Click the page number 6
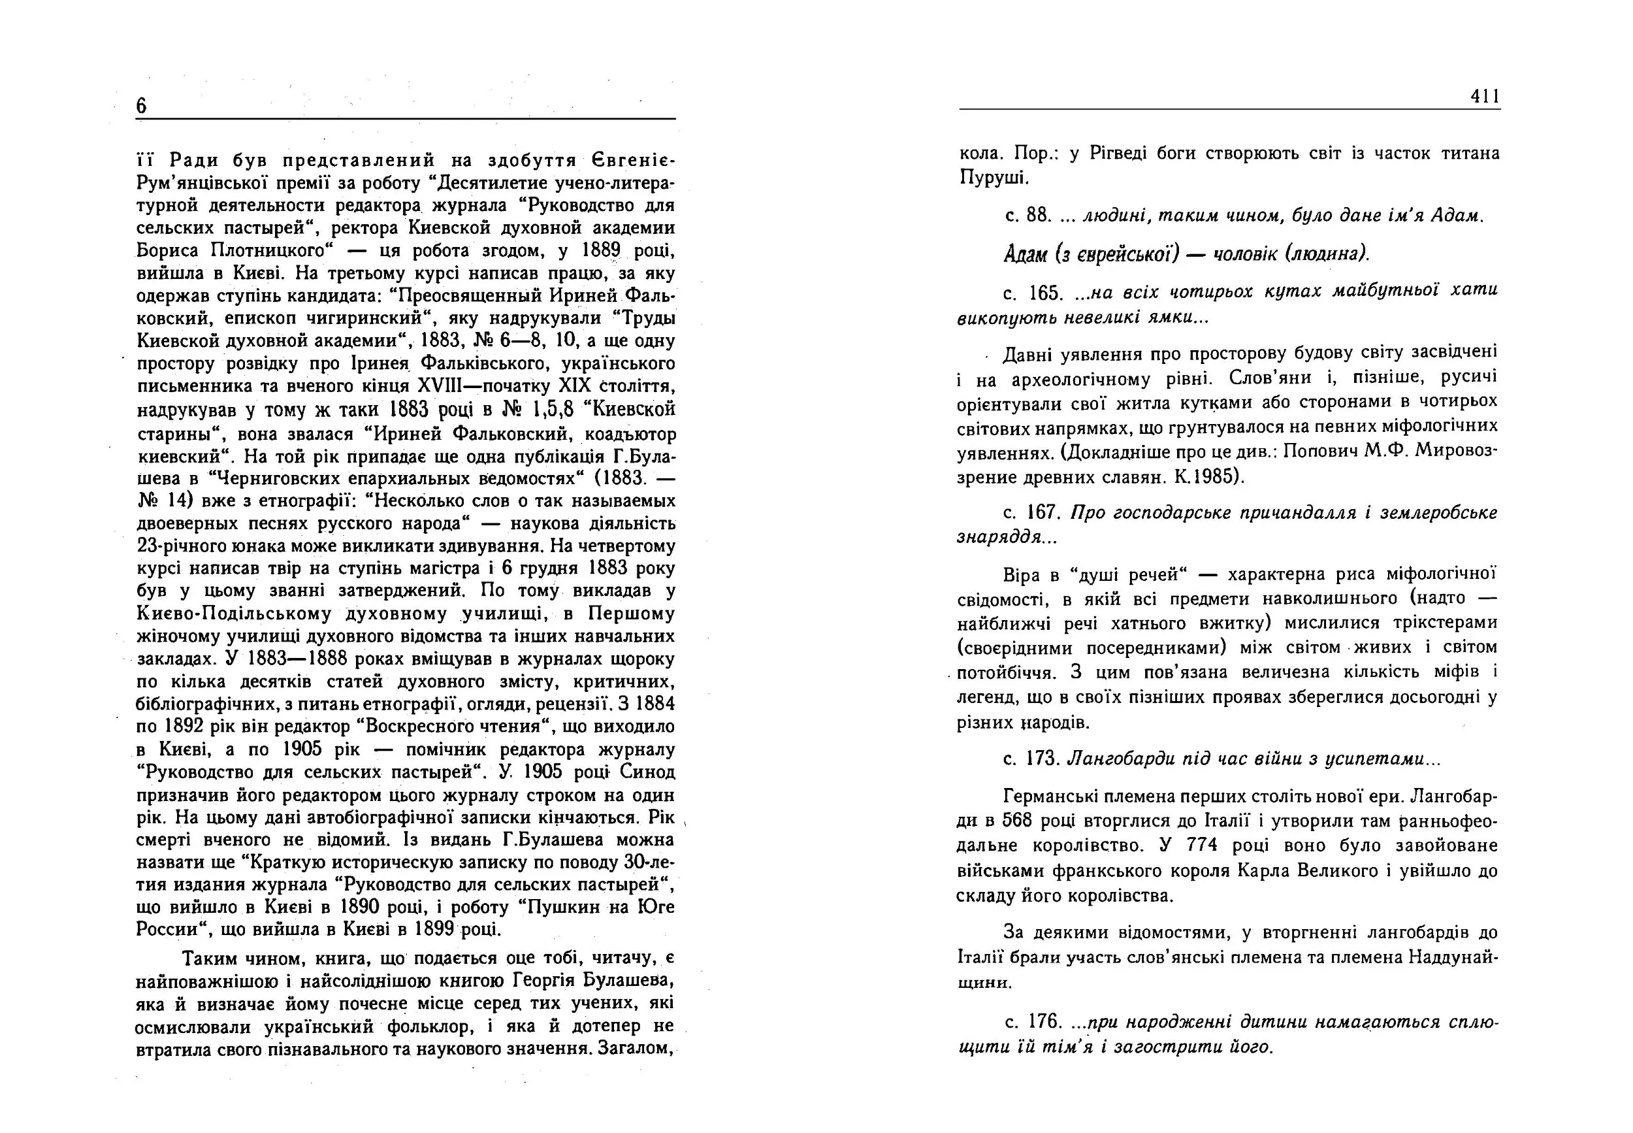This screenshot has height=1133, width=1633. coord(141,106)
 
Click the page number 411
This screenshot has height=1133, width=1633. coord(1485,96)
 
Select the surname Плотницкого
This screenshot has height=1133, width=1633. coord(269,252)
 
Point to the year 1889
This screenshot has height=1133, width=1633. coord(600,251)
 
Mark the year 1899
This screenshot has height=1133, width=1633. coord(434,929)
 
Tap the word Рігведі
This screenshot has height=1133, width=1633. coord(1108,154)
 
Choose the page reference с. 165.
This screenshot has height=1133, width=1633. coord(1033,293)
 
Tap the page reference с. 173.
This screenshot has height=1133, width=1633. coord(1032,759)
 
